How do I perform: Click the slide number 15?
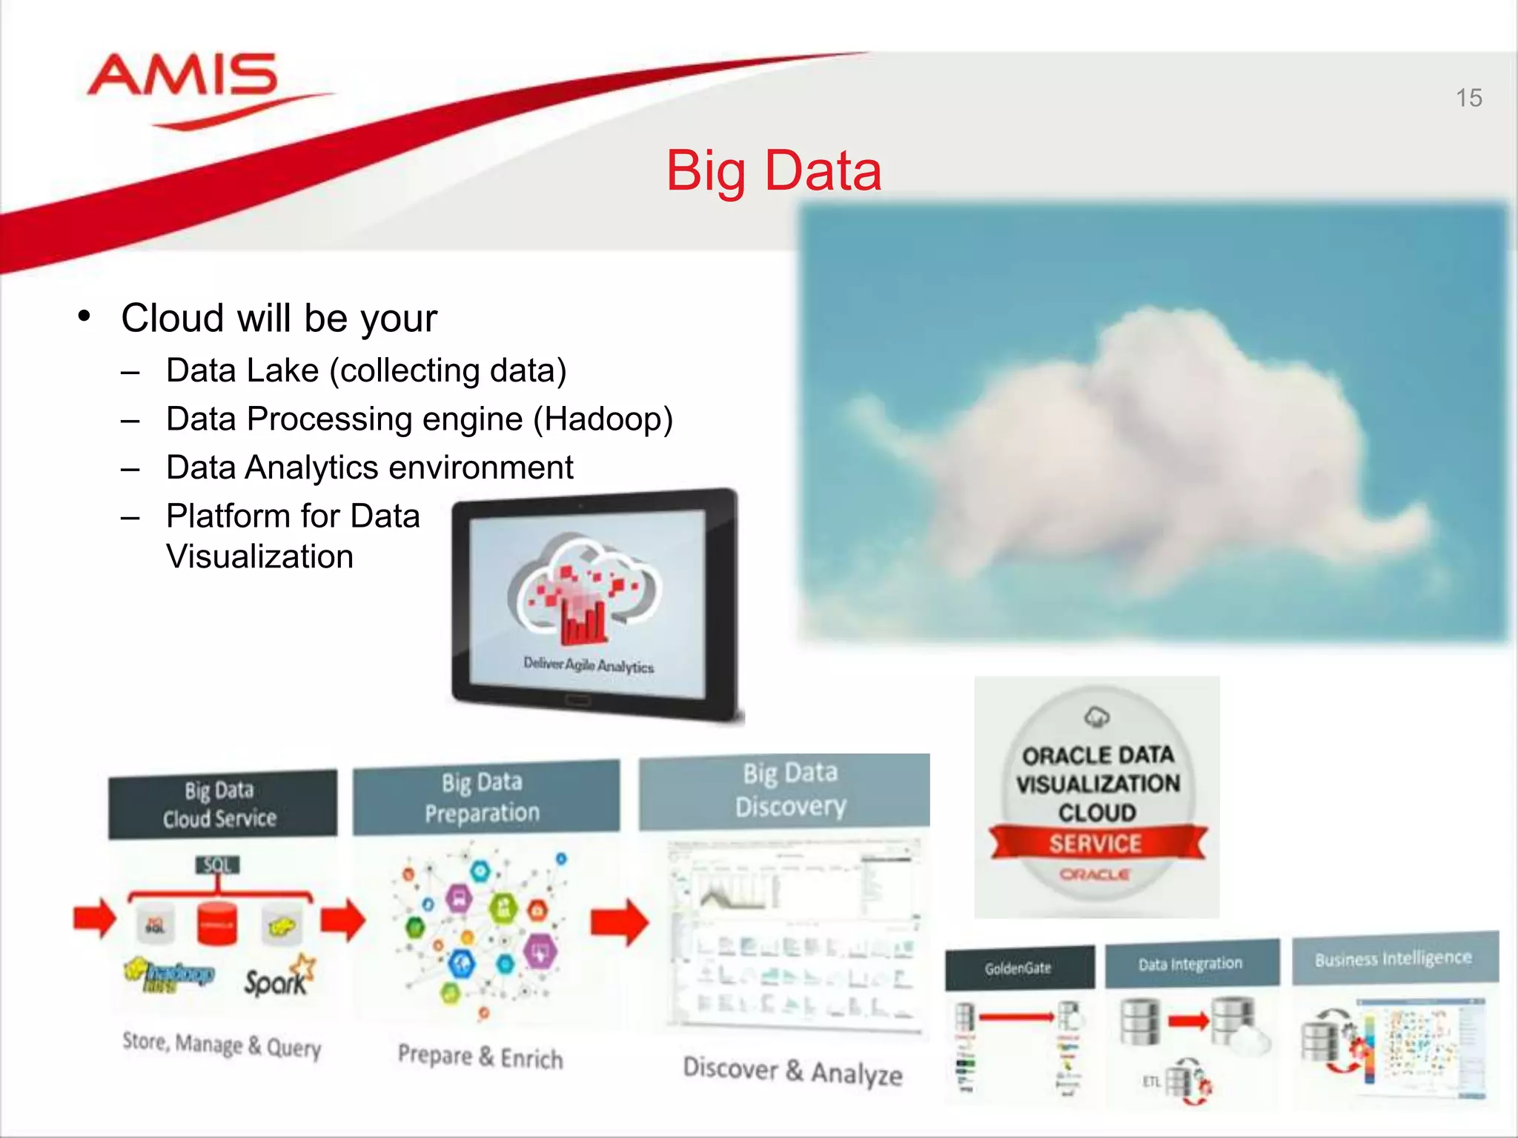pos(1468,98)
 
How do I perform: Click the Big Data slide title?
pos(774,171)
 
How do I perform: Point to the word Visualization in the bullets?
pos(259,556)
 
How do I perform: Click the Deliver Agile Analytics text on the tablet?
pos(589,665)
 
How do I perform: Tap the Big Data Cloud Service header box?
pos(222,805)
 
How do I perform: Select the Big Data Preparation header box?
pos(485,797)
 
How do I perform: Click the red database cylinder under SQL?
pos(218,923)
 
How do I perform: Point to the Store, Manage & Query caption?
pos(222,1045)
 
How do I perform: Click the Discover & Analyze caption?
pos(792,1071)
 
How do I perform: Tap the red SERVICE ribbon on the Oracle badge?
pos(1096,843)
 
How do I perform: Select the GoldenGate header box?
pos(1018,968)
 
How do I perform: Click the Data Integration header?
pos(1190,963)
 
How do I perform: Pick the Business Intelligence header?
pos(1393,959)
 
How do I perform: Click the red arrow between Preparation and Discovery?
pos(620,922)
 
